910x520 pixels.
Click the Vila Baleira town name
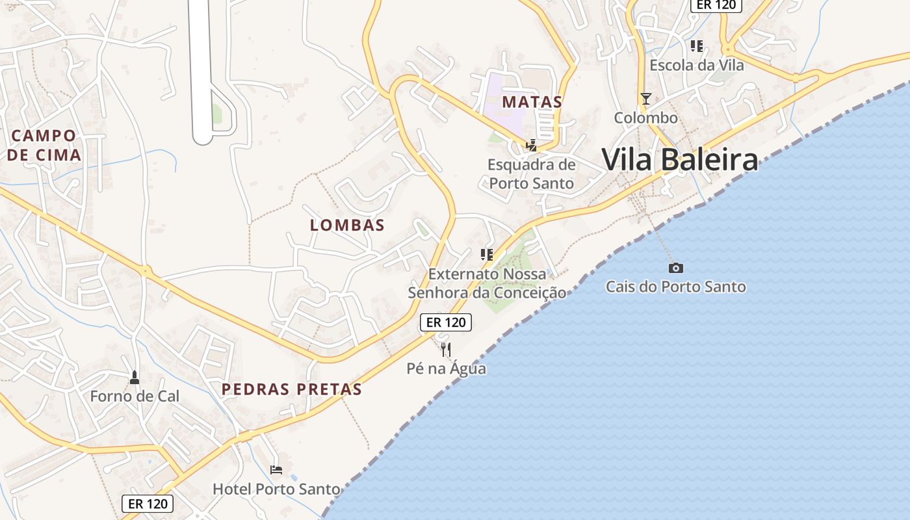(679, 159)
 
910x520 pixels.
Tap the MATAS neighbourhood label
(532, 102)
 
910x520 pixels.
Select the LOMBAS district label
(347, 226)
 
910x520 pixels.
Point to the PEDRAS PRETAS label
(291, 389)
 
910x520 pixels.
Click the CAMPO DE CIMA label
(44, 145)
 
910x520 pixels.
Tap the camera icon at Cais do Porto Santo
(676, 268)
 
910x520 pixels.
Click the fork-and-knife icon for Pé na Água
(446, 350)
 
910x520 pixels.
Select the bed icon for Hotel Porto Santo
(276, 470)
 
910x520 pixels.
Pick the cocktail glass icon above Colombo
(645, 99)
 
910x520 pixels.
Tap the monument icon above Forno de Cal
(135, 377)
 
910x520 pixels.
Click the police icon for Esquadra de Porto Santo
(532, 145)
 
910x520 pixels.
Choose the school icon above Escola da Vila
(697, 46)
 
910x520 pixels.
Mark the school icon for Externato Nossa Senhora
(486, 255)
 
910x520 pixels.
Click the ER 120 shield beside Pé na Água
(445, 322)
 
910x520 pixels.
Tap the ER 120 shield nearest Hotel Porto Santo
(148, 503)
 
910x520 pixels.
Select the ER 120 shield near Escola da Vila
(716, 5)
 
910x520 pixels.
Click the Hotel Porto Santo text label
(276, 489)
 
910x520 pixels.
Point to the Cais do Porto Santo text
(676, 287)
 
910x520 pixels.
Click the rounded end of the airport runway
(203, 138)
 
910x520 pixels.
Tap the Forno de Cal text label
(135, 396)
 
